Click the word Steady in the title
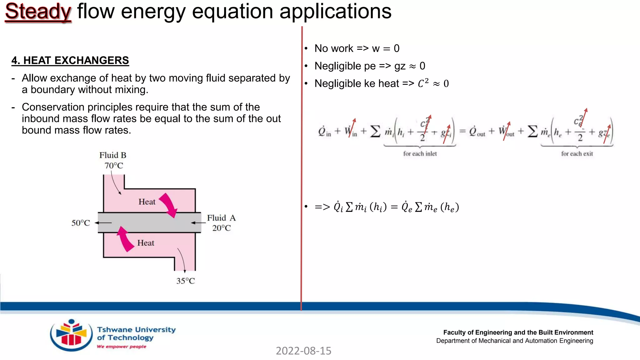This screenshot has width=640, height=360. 38,12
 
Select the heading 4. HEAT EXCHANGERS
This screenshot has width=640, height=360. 70,60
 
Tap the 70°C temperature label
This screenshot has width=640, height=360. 114,166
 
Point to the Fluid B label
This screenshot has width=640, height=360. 113,155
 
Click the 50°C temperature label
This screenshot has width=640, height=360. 81,223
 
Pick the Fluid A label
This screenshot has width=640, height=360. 221,218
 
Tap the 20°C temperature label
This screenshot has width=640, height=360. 222,228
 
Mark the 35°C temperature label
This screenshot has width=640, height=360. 186,281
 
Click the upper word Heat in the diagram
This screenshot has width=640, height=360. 147,202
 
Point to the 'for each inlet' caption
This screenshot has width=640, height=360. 420,154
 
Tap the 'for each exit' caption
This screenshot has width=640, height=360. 577,154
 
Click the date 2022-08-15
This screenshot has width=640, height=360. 303,351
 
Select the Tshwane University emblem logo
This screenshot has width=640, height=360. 71,335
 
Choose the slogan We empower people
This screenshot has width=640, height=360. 122,347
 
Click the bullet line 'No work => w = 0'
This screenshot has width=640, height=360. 357,48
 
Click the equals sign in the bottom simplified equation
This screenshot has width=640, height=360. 394,207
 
